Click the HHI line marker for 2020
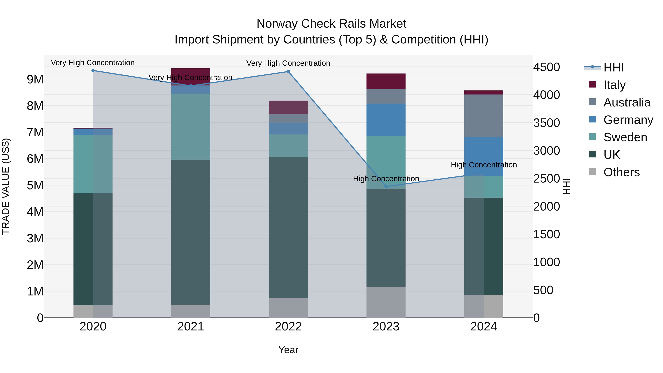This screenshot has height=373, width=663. [93, 71]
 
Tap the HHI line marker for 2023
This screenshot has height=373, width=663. [386, 187]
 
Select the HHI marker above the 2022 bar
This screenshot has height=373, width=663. [288, 72]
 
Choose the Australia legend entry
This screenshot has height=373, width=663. [627, 102]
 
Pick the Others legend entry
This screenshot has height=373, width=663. [621, 172]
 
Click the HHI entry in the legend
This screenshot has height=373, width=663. [614, 67]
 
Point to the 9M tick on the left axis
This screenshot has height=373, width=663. [35, 79]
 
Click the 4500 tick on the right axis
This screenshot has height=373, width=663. [546, 67]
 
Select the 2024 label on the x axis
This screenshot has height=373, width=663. [484, 327]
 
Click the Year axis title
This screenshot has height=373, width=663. [288, 350]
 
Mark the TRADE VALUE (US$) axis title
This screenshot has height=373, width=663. [6, 187]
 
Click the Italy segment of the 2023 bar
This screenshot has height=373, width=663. [386, 81]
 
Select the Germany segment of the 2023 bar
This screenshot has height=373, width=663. [386, 120]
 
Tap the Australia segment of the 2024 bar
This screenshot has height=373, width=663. [484, 116]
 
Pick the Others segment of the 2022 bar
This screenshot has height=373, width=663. [288, 308]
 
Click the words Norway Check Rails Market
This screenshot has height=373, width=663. [331, 24]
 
